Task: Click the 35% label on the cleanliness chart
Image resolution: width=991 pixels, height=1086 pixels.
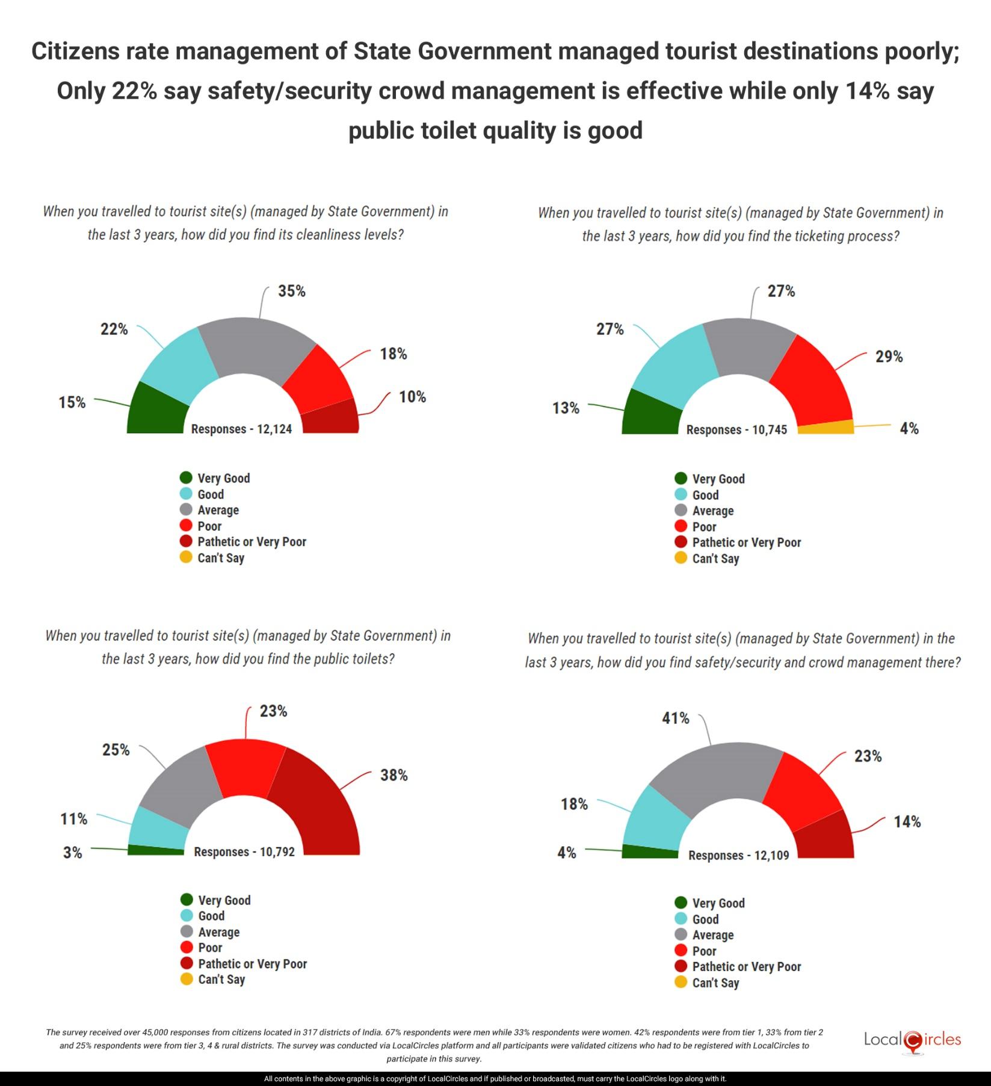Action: [291, 292]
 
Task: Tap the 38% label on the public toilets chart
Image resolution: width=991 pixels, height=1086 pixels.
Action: [394, 776]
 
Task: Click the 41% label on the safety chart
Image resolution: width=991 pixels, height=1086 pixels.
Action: [675, 719]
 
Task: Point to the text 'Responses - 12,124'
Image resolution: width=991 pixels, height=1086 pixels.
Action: [241, 429]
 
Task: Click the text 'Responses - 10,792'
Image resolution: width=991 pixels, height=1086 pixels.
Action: [244, 852]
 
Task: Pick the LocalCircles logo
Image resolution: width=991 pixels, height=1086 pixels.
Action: [912, 1040]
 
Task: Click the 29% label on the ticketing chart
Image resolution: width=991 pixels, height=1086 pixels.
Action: [889, 357]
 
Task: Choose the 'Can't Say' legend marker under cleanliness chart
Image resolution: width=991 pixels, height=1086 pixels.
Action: [187, 557]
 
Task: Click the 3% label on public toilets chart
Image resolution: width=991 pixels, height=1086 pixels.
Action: [72, 853]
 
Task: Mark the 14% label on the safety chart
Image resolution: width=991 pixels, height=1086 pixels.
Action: [907, 822]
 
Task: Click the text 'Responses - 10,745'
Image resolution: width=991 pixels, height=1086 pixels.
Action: [736, 430]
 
